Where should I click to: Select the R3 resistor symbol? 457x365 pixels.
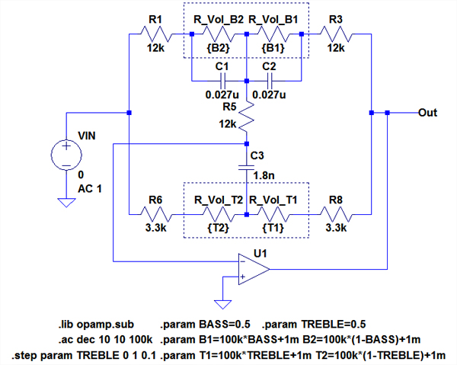click(334, 34)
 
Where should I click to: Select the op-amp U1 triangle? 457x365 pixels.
click(252, 269)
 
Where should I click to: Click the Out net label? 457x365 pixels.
click(427, 112)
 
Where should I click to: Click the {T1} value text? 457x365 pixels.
click(273, 227)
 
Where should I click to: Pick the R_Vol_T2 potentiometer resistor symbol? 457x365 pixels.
click(218, 214)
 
